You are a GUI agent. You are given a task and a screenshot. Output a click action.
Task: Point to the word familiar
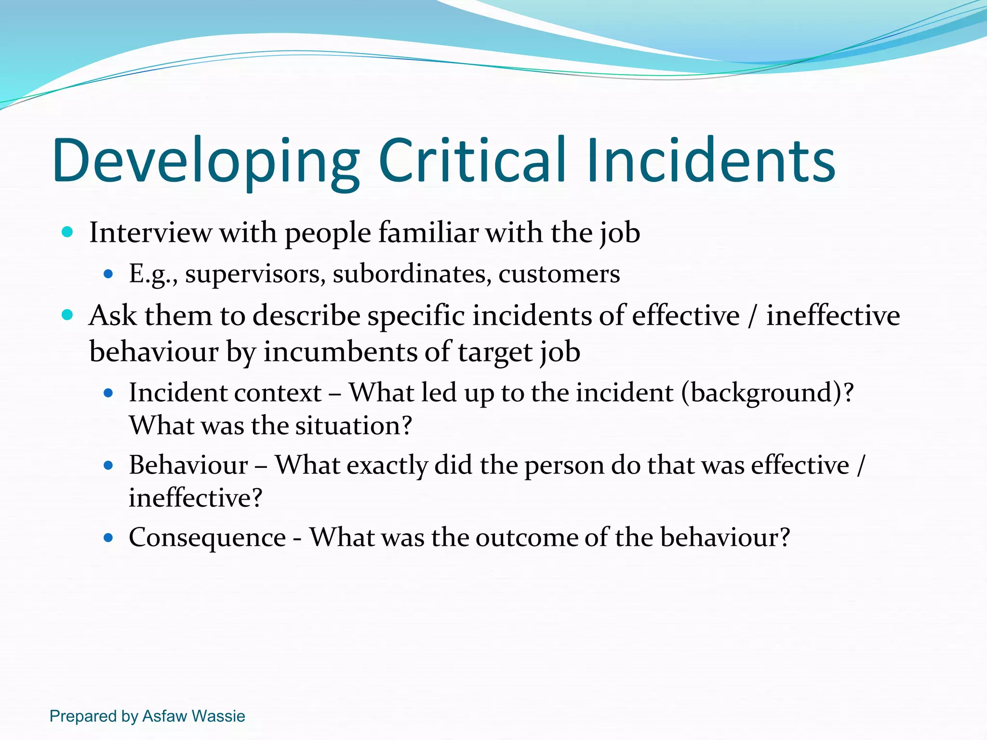[428, 233]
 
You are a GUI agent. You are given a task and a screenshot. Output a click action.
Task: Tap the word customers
[559, 274]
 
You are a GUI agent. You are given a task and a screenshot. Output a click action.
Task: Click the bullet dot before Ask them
[67, 316]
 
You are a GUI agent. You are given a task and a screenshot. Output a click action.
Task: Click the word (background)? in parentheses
[767, 393]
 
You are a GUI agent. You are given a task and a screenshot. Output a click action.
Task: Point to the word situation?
[354, 425]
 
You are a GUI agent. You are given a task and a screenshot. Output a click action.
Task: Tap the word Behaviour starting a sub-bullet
[188, 465]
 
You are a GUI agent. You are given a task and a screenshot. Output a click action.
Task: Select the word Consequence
[207, 537]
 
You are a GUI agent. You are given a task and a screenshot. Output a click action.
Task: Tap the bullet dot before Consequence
[108, 538]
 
